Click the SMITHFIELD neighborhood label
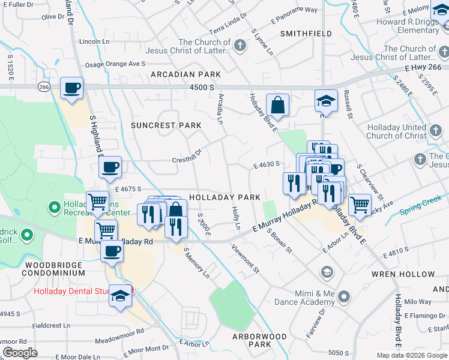click(x=306, y=34)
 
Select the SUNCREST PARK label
click(x=166, y=125)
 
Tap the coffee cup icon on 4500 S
click(x=71, y=88)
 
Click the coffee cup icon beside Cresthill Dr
click(x=110, y=168)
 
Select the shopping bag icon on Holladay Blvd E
click(x=278, y=106)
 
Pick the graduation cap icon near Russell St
click(x=326, y=100)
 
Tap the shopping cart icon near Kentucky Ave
click(x=360, y=205)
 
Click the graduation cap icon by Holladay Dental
click(x=120, y=296)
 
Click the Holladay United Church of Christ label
click(x=397, y=131)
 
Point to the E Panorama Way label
click(x=294, y=10)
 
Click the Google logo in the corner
click(x=21, y=353)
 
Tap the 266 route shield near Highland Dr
click(x=44, y=87)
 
